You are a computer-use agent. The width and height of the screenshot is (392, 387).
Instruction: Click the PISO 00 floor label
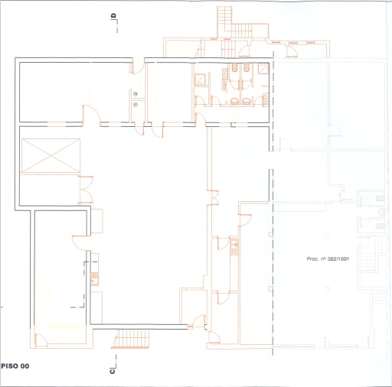tap(15, 366)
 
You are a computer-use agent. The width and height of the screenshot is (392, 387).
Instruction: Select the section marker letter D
tap(113, 16)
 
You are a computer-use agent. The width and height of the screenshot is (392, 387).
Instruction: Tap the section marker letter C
tap(113, 371)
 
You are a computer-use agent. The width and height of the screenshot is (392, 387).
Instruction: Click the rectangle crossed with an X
tap(51, 155)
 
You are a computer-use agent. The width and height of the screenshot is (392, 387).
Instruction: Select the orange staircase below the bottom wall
tap(131, 339)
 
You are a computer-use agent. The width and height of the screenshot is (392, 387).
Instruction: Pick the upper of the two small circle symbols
tap(136, 94)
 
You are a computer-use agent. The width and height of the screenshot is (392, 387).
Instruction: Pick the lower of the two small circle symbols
tap(136, 105)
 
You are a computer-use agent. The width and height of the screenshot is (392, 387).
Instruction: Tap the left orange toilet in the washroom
tap(234, 67)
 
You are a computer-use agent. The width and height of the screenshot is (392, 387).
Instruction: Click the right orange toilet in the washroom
tap(247, 67)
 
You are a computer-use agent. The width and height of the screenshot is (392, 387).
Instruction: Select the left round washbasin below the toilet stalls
tap(234, 102)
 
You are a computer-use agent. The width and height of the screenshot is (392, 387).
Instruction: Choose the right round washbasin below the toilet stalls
tap(247, 102)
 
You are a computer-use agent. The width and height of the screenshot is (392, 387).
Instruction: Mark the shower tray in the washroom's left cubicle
tap(200, 80)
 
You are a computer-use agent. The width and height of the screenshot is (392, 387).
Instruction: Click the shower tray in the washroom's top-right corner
tap(263, 69)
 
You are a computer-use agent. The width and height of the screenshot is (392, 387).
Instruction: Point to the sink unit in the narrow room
tap(234, 246)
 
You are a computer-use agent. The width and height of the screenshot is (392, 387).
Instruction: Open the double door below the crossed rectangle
tap(87, 190)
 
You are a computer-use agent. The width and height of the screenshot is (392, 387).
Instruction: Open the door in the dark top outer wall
tap(138, 67)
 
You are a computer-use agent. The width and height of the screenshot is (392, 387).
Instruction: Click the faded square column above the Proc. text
tap(328, 234)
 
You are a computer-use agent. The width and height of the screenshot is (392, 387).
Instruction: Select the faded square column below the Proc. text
tap(328, 289)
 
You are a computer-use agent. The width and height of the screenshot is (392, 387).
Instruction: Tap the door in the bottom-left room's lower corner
tap(41, 340)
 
